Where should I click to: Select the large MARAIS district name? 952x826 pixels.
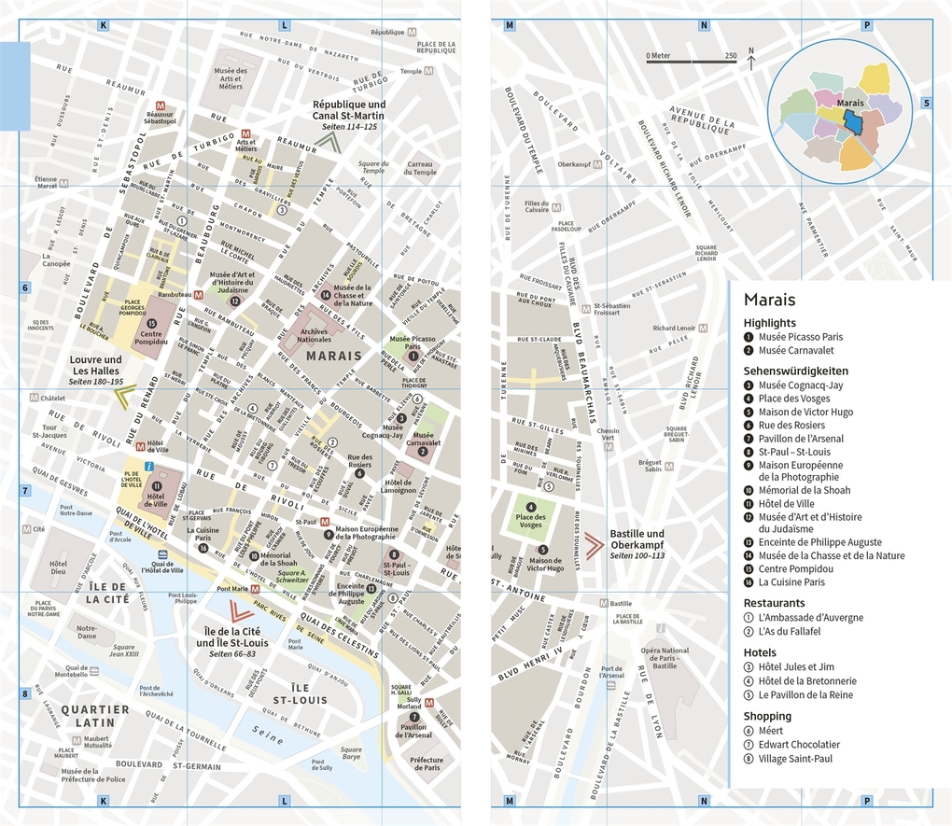[333, 356]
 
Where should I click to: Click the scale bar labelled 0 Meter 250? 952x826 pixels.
[691, 62]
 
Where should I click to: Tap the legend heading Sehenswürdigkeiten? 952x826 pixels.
[795, 370]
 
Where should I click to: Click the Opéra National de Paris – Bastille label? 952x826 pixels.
[665, 658]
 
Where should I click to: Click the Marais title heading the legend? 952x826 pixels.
[769, 300]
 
